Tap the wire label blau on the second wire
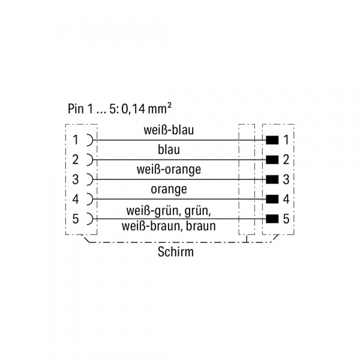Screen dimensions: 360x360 pyautogui.click(x=169, y=149)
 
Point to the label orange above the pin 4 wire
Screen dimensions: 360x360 pyautogui.click(x=169, y=189)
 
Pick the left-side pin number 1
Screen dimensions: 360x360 pyautogui.click(x=76, y=140)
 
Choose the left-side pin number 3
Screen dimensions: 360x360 pyautogui.click(x=76, y=179)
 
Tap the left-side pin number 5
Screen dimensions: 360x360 pyautogui.click(x=76, y=218)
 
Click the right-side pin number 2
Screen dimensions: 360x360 pyautogui.click(x=286, y=160)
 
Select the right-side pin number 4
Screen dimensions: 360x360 pyautogui.click(x=286, y=199)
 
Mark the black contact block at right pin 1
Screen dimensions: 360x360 pyautogui.click(x=272, y=140)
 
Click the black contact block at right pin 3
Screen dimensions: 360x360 pyautogui.click(x=272, y=179)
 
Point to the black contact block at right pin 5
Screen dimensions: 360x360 pyautogui.click(x=272, y=218)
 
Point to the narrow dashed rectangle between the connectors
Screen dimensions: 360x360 pyautogui.click(x=247, y=179)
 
